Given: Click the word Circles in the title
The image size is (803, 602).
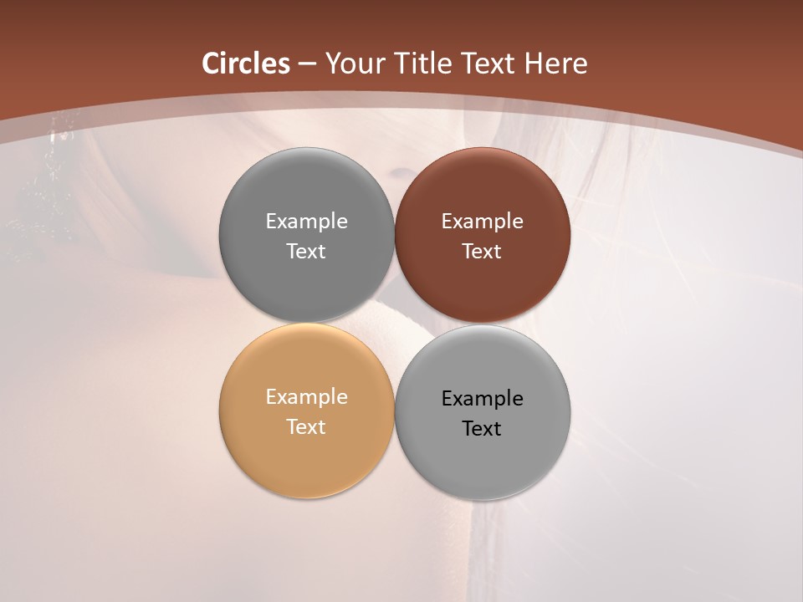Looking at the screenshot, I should point(246,64).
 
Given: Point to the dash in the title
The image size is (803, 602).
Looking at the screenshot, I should point(307,64).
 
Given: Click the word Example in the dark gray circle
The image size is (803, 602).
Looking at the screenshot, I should point(306,221).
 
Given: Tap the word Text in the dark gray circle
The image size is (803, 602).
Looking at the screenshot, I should point(306,251).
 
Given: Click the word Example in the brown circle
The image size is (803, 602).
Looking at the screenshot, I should point(482,221).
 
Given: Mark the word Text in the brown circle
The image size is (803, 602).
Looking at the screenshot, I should point(482,251).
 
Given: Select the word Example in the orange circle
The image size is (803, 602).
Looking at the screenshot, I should point(306,396).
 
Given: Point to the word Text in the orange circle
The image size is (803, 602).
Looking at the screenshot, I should point(306,426).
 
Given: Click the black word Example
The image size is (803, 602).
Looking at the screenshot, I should point(482,398).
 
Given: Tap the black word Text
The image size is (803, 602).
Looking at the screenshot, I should point(482,428).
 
